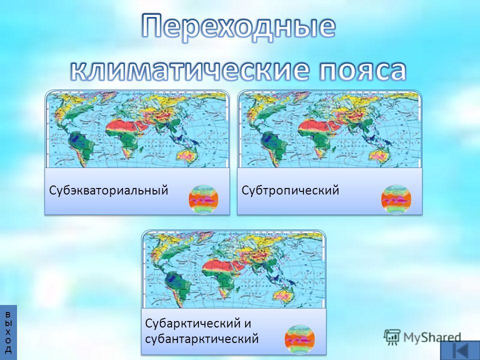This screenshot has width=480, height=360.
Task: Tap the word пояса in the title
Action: [x=363, y=71]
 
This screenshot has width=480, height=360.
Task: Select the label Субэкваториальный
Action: [x=108, y=190]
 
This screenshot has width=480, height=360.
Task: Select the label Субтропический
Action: [x=290, y=190]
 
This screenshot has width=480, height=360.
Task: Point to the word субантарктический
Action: [x=201, y=339]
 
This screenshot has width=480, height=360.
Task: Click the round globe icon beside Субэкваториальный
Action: [x=203, y=199]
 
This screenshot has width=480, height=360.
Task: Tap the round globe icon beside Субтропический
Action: [x=396, y=199]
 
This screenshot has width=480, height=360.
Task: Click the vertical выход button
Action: [x=8, y=332]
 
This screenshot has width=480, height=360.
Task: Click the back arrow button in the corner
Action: [x=460, y=350]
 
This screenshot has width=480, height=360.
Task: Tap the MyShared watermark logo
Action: [x=422, y=337]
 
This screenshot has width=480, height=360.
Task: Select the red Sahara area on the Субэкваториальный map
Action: [x=123, y=126]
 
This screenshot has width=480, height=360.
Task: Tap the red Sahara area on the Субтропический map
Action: [x=316, y=126]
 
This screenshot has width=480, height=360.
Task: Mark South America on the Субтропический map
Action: [x=272, y=147]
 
